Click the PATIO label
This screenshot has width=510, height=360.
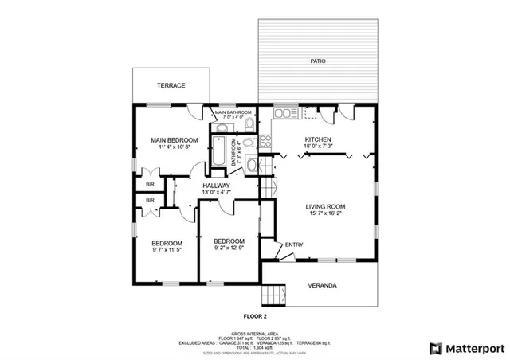[318, 61]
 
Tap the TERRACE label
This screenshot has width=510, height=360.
[171, 85]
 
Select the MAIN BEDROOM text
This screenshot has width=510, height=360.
[174, 140]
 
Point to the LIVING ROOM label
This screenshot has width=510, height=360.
[326, 206]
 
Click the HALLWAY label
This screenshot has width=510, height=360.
[216, 185]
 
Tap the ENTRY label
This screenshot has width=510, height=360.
[294, 245]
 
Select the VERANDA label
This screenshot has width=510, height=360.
[322, 285]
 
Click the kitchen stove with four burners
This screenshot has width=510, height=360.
[266, 140]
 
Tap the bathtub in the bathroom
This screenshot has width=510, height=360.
[220, 149]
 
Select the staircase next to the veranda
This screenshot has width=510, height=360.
[275, 294]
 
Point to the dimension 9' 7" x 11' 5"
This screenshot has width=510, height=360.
[167, 250]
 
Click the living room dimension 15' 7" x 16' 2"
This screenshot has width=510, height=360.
[326, 213]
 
